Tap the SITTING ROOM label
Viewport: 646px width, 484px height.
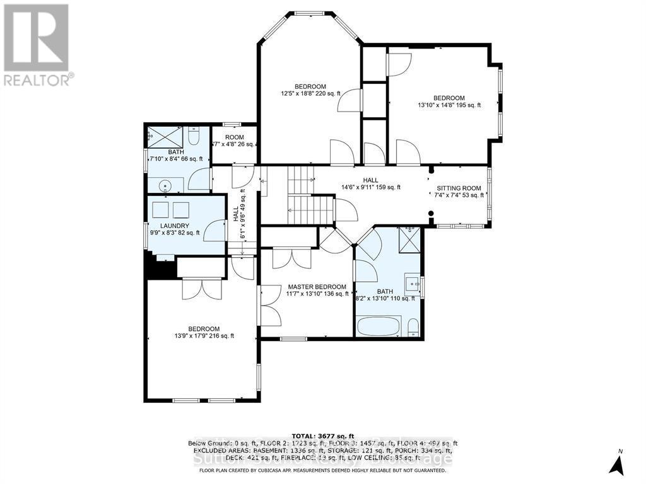pos(459,188)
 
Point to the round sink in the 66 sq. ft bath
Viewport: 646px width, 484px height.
pos(165,185)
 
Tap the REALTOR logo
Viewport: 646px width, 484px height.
pos(37,44)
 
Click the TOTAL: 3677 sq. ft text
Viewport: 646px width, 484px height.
pos(322,435)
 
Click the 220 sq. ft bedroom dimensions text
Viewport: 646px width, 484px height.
pos(310,94)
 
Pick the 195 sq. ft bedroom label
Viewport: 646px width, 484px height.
pos(449,98)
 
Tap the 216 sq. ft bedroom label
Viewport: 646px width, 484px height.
pos(203,329)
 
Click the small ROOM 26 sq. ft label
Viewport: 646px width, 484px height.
pos(234,137)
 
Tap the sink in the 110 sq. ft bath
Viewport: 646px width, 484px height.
pos(413,284)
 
